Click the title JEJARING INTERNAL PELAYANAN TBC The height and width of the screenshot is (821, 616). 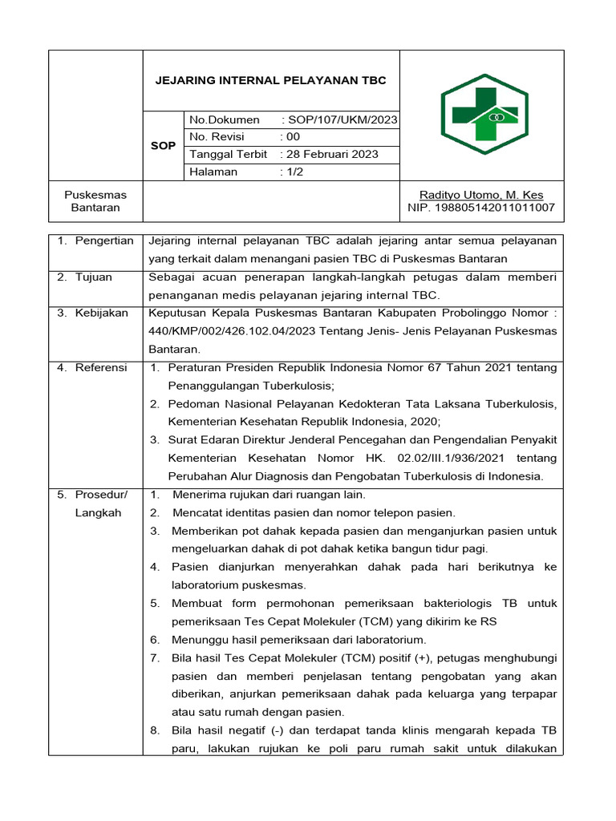point(270,80)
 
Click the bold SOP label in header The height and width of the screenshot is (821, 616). point(164,146)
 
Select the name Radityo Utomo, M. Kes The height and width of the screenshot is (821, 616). point(481,195)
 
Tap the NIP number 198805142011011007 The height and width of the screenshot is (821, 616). point(481,208)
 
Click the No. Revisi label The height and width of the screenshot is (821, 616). point(217,137)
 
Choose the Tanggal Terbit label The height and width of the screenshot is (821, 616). point(229,154)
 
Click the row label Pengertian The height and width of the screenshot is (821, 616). point(104,241)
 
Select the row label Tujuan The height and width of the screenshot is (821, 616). point(94,277)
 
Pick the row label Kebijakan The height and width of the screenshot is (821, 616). point(101,313)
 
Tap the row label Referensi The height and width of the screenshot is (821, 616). point(101,367)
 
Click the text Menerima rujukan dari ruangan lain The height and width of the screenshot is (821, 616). point(269,495)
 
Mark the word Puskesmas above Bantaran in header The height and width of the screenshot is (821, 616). point(95,195)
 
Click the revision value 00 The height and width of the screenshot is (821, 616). point(293,137)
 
